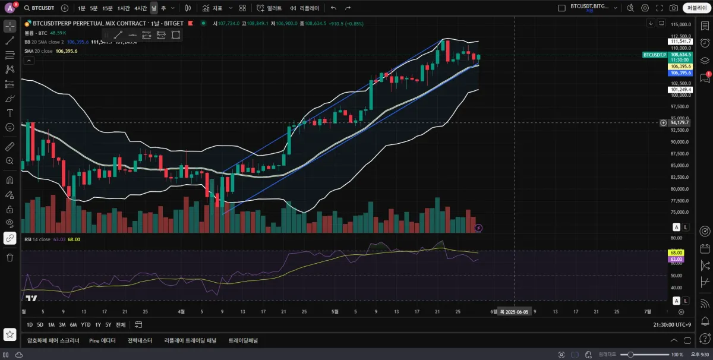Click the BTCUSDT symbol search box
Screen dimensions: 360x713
click(40, 8)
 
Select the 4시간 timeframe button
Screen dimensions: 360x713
click(140, 8)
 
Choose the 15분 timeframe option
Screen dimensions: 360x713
click(107, 8)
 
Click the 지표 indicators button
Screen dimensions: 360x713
click(212, 8)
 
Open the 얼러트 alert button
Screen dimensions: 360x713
click(269, 8)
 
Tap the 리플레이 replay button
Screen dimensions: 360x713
click(304, 8)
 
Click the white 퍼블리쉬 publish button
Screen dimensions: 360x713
click(695, 8)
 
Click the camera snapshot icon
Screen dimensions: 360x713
click(673, 8)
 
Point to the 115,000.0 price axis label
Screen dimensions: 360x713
click(680, 24)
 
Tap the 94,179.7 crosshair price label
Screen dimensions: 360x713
click(680, 123)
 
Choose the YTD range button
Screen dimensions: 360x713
click(86, 325)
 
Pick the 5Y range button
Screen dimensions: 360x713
click(108, 325)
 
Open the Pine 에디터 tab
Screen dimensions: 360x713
click(102, 340)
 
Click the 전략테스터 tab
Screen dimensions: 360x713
click(140, 340)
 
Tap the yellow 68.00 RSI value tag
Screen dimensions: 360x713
click(676, 252)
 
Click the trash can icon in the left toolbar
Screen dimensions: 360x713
click(10, 257)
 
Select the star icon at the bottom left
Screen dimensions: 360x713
click(10, 334)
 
